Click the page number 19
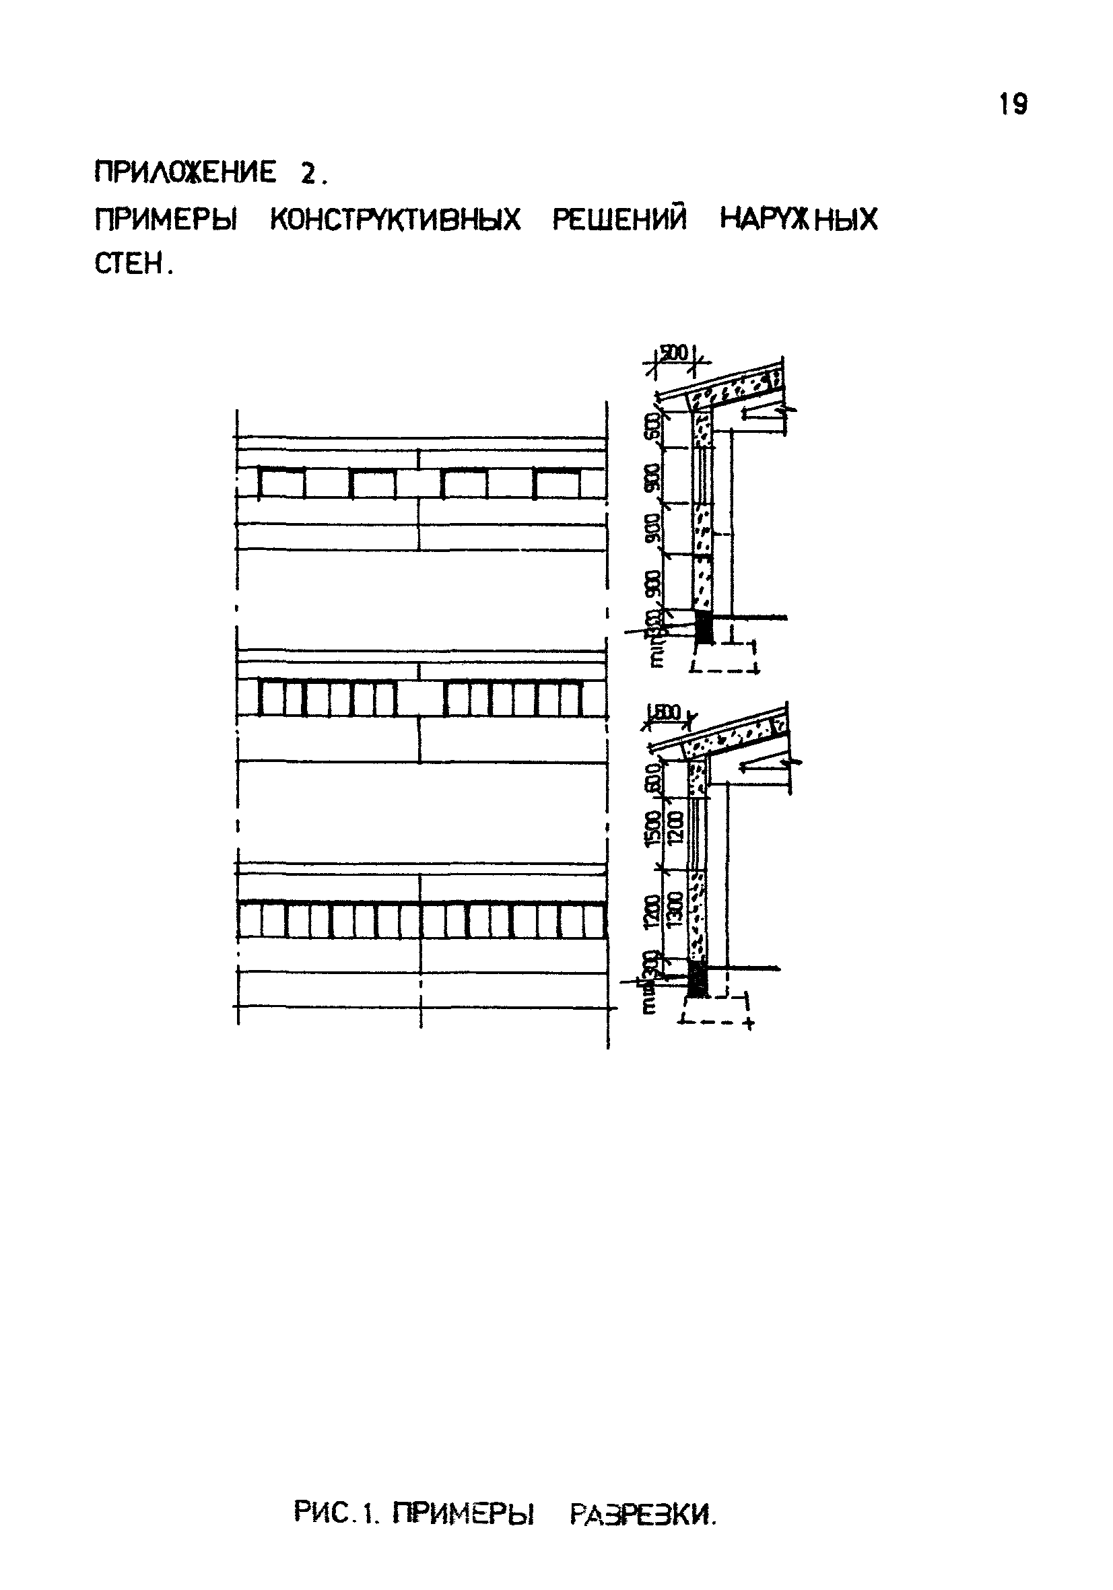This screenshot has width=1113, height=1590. (1013, 104)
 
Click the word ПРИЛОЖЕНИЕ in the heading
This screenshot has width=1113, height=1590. (185, 172)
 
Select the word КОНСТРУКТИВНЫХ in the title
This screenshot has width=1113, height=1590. (394, 220)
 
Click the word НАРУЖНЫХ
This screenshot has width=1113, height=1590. (799, 219)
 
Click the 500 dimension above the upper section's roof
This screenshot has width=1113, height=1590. (672, 354)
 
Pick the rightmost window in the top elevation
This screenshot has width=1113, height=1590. (558, 483)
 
